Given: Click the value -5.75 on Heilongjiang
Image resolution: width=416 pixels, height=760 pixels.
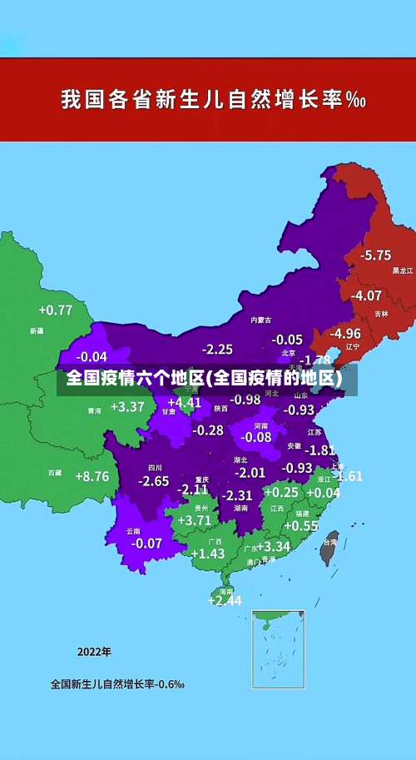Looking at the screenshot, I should (376, 255).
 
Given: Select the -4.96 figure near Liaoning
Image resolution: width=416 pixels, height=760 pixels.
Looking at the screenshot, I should (344, 333).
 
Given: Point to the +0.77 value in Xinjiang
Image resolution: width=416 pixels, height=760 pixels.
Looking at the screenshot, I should (55, 310).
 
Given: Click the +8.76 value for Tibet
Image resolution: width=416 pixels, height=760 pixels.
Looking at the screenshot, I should (92, 476).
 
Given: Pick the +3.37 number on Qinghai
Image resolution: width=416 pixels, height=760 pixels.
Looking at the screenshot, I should (126, 407).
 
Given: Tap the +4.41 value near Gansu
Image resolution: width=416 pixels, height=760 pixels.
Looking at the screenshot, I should (184, 402).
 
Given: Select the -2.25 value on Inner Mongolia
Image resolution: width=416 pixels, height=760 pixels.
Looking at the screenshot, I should (217, 349).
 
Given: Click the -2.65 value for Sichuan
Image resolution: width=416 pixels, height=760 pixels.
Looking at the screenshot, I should (153, 481).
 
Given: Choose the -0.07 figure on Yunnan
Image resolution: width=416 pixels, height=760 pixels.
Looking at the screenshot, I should (146, 543).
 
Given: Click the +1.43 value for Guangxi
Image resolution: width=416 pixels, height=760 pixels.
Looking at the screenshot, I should (208, 553).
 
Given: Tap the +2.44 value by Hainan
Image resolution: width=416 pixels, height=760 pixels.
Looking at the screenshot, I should (225, 599).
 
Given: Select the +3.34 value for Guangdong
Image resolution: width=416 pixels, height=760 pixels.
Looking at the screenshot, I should (273, 546).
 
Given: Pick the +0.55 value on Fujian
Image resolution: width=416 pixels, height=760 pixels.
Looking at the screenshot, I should (301, 525).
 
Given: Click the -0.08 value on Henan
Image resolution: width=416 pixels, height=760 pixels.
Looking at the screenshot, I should (256, 437).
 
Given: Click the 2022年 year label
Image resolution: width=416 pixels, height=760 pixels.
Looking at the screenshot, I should (94, 651).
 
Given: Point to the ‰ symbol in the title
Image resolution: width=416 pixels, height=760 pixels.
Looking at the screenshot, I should (356, 101).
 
